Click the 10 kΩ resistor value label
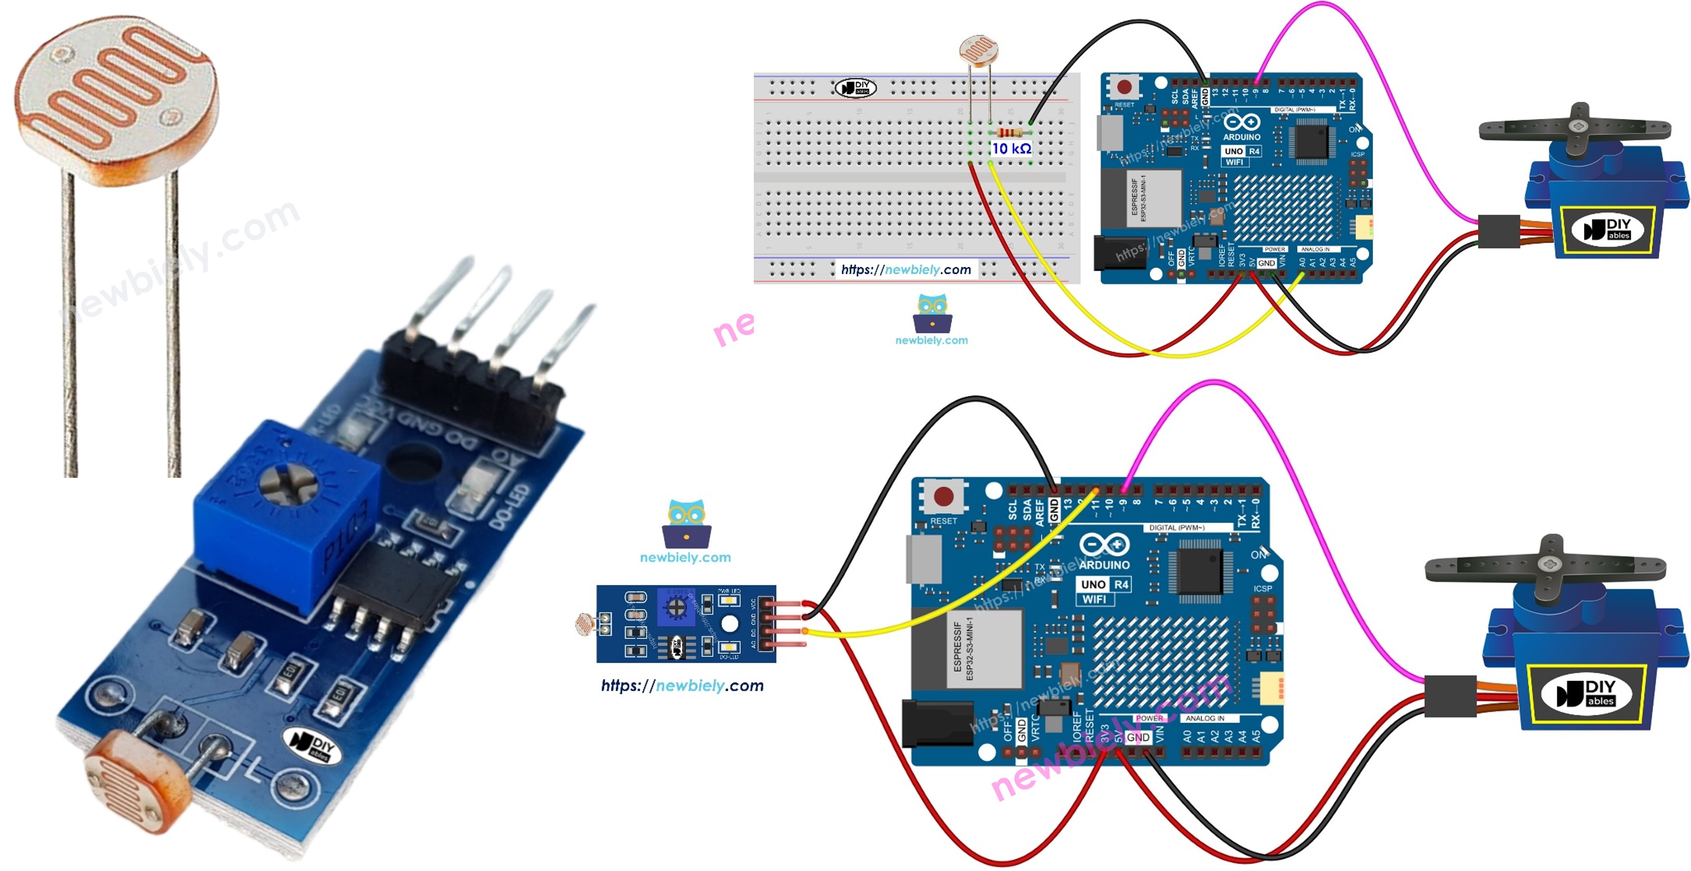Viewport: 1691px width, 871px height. click(1011, 149)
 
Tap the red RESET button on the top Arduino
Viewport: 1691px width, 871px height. click(1124, 87)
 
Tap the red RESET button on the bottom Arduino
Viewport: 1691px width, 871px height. click(943, 496)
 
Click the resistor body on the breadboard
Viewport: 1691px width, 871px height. click(1009, 132)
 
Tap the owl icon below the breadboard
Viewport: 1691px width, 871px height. click(932, 314)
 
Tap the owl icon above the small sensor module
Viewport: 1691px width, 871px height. click(686, 524)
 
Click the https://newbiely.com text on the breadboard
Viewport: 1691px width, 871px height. click(906, 270)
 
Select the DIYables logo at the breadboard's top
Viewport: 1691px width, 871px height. click(855, 87)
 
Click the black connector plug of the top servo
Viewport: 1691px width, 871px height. click(1499, 231)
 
